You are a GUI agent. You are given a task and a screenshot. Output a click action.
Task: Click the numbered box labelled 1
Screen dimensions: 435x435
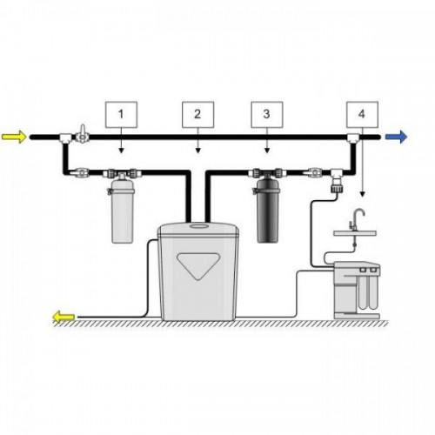pyautogui.click(x=121, y=115)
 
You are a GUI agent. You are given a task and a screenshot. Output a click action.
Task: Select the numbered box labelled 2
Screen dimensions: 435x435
pyautogui.click(x=197, y=115)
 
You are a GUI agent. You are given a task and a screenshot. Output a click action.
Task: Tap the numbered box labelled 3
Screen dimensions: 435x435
pyautogui.click(x=267, y=115)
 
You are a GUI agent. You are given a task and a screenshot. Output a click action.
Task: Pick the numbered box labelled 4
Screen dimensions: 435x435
pyautogui.click(x=362, y=115)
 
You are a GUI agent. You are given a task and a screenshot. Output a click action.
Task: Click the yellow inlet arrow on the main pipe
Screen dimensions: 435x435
pyautogui.click(x=14, y=137)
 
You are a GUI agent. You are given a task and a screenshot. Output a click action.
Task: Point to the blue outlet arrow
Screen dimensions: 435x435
pyautogui.click(x=396, y=137)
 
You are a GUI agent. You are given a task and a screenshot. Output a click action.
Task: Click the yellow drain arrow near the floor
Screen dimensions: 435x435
pyautogui.click(x=64, y=317)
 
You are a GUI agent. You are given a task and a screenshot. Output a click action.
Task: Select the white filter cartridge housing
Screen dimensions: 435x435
pyautogui.click(x=123, y=211)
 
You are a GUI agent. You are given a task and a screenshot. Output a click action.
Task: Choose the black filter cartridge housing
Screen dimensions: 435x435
pyautogui.click(x=268, y=211)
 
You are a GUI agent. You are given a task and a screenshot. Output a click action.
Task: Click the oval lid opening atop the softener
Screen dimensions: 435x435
pyautogui.click(x=198, y=225)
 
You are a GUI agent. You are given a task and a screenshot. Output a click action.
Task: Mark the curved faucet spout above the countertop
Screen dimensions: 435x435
pyautogui.click(x=359, y=215)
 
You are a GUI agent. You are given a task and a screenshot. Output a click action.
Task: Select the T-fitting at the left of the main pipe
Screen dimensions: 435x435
pyautogui.click(x=65, y=138)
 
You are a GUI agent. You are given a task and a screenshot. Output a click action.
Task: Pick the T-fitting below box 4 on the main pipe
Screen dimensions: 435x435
pyautogui.click(x=353, y=138)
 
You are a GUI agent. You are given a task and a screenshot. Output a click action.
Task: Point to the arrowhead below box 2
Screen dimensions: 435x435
pyautogui.click(x=197, y=151)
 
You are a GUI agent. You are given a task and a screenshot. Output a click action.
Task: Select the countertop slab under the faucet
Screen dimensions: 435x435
pyautogui.click(x=355, y=233)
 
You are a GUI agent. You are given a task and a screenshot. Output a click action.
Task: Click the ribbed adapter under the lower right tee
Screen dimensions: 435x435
pyautogui.click(x=337, y=185)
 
